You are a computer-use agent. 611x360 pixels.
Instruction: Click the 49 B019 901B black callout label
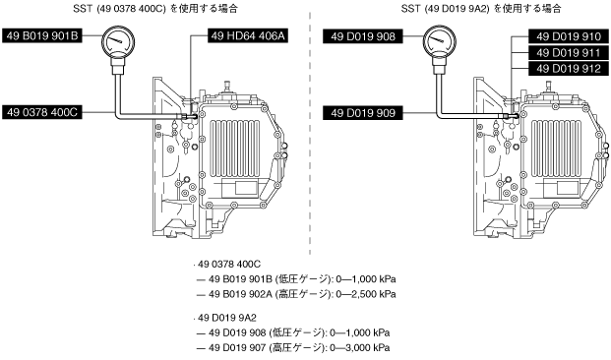point(42,35)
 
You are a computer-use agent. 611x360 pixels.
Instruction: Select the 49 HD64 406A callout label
point(248,35)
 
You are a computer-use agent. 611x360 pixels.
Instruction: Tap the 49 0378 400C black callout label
point(42,112)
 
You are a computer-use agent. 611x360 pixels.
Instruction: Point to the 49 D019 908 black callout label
point(363,36)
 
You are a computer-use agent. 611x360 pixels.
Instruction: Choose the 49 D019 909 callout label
point(363,113)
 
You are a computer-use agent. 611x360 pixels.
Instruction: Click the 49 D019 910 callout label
point(569,36)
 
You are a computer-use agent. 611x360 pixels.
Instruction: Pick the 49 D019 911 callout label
point(569,52)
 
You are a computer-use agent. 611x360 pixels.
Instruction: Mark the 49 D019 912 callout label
point(569,69)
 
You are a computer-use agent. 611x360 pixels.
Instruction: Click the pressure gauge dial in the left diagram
point(118,40)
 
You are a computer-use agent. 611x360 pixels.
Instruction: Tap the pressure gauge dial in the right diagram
point(440,41)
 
